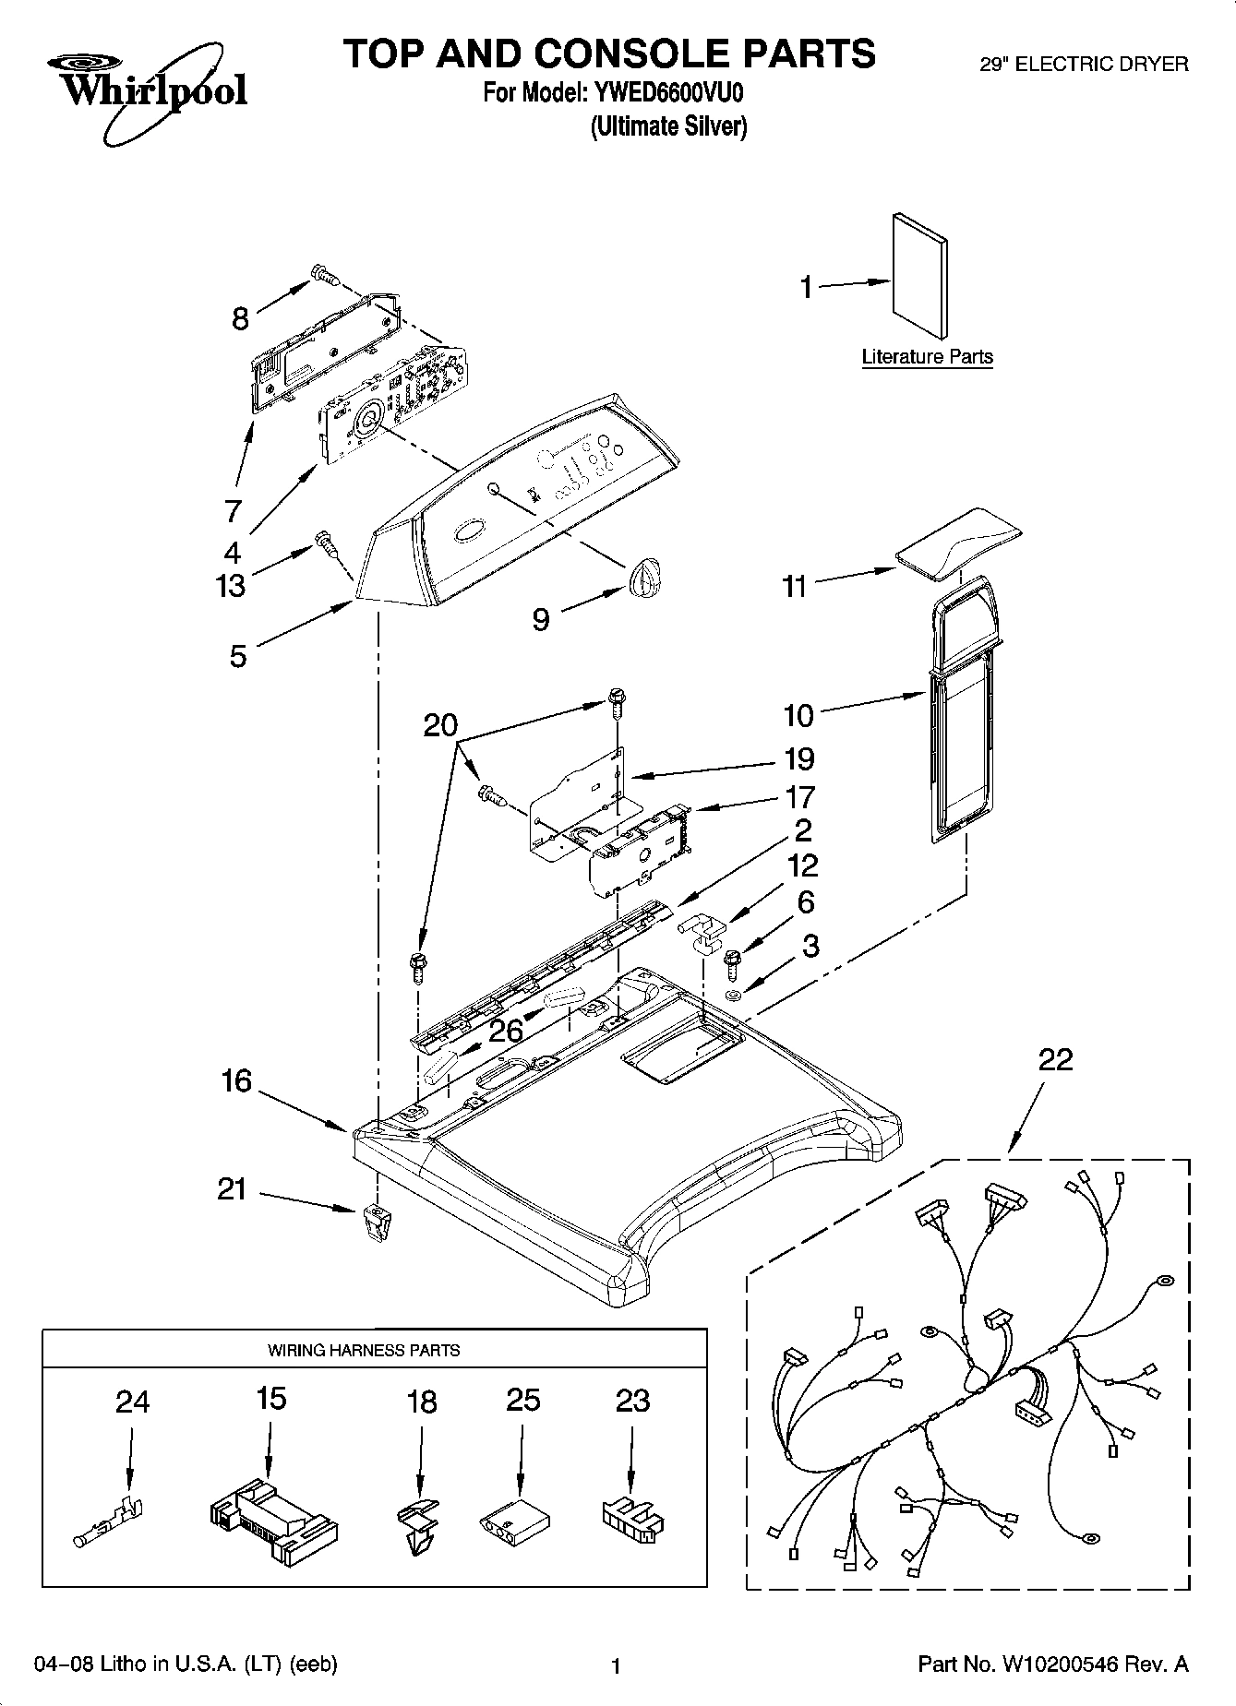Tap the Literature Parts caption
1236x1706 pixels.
pyautogui.click(x=927, y=357)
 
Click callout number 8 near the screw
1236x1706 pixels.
pyautogui.click(x=240, y=319)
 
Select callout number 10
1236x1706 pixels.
pyautogui.click(x=799, y=714)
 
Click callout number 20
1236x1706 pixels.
pyautogui.click(x=440, y=725)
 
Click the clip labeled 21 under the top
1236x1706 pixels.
pyautogui.click(x=373, y=1222)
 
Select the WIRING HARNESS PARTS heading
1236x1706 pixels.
pyautogui.click(x=364, y=1350)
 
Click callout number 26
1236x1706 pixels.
pyautogui.click(x=506, y=1031)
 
